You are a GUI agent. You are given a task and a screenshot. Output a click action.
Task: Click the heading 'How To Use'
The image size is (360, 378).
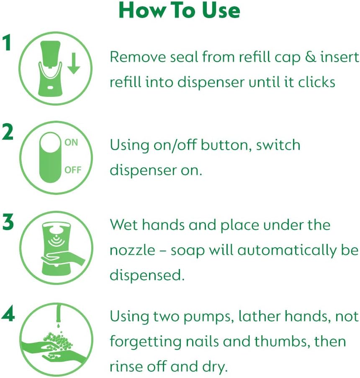click(180, 10)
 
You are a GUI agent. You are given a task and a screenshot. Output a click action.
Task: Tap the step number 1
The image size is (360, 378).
click(8, 42)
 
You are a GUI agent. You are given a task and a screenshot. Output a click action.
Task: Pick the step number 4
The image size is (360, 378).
click(8, 314)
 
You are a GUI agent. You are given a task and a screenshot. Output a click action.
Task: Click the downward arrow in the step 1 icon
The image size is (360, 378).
click(74, 63)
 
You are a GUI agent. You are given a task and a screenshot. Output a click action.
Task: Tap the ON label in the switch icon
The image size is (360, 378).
click(71, 142)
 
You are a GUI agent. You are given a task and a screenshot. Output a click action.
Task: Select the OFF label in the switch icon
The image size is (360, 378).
click(73, 170)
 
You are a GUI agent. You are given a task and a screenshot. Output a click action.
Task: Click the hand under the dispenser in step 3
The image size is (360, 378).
click(63, 259)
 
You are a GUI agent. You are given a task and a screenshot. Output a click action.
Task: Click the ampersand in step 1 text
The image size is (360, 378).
click(310, 57)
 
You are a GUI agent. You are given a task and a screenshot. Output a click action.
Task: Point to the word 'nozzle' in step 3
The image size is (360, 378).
click(132, 250)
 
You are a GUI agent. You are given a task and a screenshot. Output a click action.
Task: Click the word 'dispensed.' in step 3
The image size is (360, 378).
click(147, 274)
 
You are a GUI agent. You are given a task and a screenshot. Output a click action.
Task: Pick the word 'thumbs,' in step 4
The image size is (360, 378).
click(282, 341)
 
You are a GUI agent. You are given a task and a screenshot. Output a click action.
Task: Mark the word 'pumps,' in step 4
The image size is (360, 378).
click(208, 317)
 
